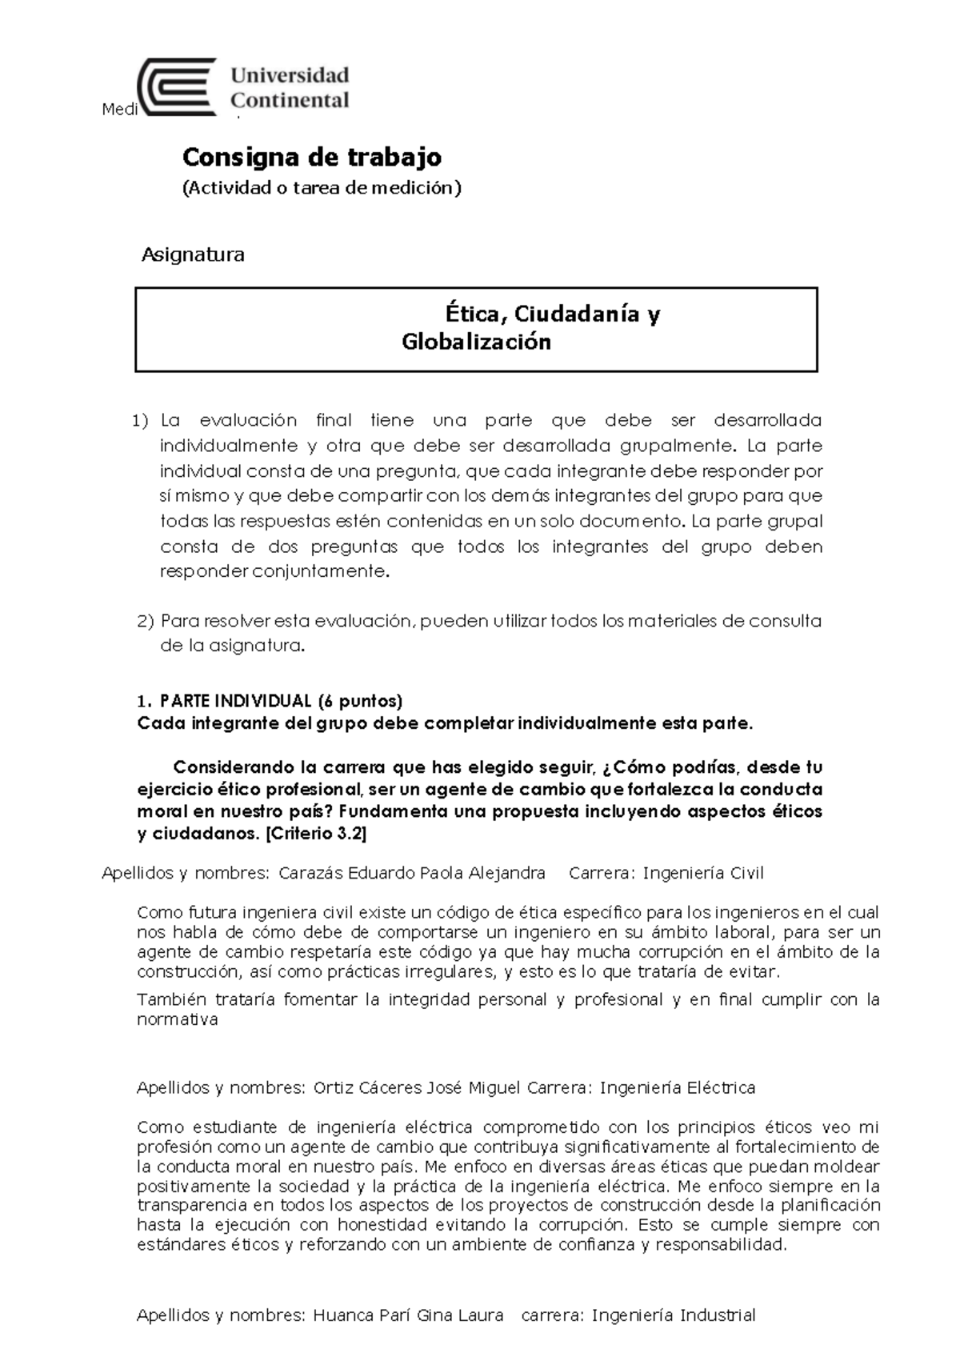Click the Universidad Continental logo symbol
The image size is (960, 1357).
tap(178, 88)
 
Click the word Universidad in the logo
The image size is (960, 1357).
tap(290, 76)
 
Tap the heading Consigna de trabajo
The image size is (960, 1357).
tap(312, 158)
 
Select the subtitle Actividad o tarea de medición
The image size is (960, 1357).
tap(322, 188)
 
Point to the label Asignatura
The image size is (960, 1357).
tap(193, 255)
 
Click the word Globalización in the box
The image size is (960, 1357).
tap(476, 342)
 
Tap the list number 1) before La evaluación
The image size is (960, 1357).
tap(141, 421)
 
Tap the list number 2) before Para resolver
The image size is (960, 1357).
tap(145, 622)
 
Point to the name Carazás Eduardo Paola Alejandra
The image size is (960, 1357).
tap(412, 873)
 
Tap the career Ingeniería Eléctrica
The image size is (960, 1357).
tap(677, 1088)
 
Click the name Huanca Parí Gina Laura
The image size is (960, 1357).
tap(408, 1315)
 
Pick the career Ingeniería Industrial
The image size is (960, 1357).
tap(673, 1315)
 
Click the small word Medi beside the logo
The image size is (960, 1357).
tap(120, 110)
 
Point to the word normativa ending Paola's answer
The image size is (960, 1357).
tap(177, 1020)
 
